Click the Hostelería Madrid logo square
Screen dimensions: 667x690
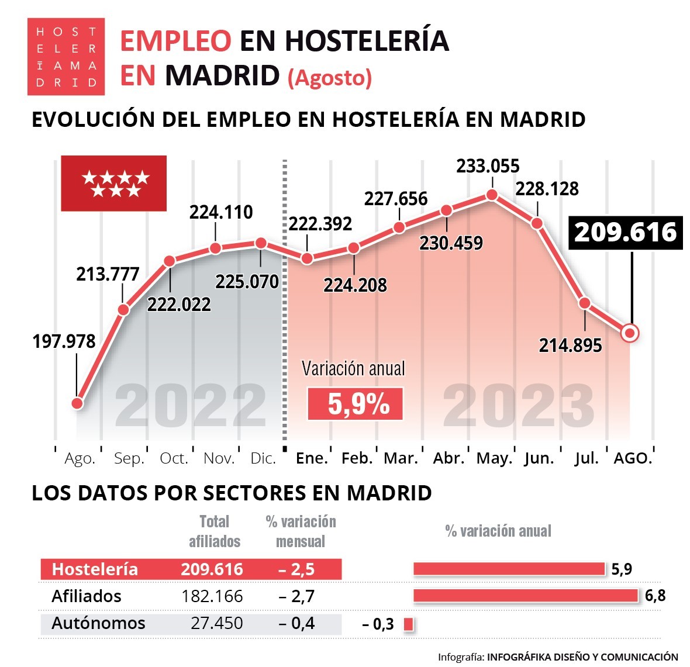pyautogui.click(x=66, y=57)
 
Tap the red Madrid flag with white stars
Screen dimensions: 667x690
pyautogui.click(x=114, y=183)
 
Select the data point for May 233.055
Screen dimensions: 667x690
pyautogui.click(x=492, y=195)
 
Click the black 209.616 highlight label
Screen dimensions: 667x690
pyautogui.click(x=625, y=233)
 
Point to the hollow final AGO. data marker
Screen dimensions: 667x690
pyautogui.click(x=630, y=333)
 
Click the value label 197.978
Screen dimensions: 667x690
pyautogui.click(x=64, y=341)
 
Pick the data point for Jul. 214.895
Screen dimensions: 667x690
pyautogui.click(x=585, y=303)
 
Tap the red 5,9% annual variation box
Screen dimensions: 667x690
pyautogui.click(x=355, y=404)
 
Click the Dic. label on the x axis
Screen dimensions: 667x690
pyautogui.click(x=263, y=459)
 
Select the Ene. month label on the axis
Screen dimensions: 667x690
pyautogui.click(x=312, y=459)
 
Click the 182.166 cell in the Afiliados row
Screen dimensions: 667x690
pyautogui.click(x=212, y=596)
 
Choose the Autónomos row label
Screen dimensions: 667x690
pyautogui.click(x=98, y=623)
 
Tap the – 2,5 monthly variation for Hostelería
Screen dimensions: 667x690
pyautogui.click(x=296, y=569)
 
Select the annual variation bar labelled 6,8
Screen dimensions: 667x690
pyautogui.click(x=525, y=596)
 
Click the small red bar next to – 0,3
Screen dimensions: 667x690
pyautogui.click(x=408, y=624)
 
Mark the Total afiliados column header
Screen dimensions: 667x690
pyautogui.click(x=215, y=531)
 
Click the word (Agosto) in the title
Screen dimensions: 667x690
pyautogui.click(x=330, y=78)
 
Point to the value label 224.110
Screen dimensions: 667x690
pyautogui.click(x=221, y=212)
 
